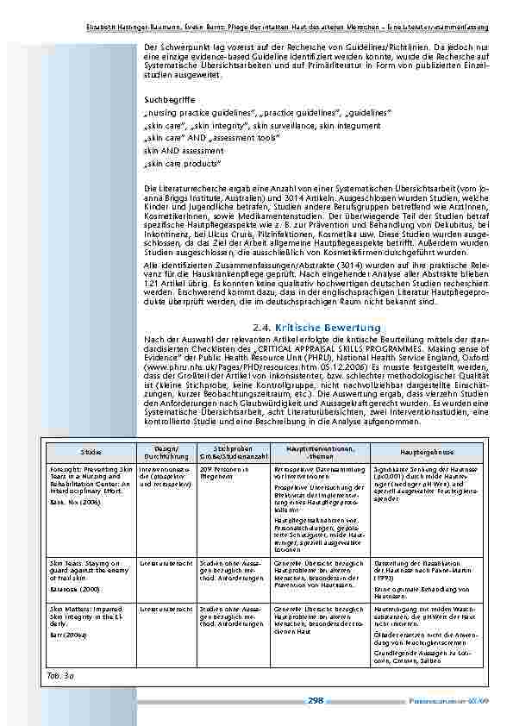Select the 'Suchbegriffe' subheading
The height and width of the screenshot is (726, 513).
tap(166, 99)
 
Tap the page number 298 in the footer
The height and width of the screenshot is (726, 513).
tap(316, 701)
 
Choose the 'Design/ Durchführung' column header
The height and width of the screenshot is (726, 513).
tap(166, 451)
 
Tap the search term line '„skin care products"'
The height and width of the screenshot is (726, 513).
tap(183, 162)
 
